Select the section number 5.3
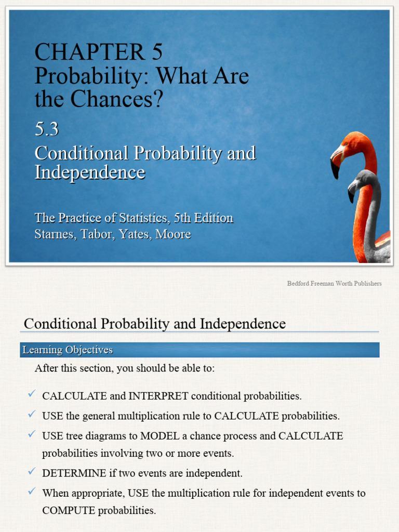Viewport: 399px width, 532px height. coord(46,129)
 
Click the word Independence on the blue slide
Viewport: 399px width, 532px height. coord(89,172)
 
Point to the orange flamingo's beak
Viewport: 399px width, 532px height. coord(336,164)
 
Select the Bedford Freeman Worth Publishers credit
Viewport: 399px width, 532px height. coord(334,284)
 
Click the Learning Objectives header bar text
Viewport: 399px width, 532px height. coord(67,350)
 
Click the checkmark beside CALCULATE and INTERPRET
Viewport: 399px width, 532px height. coord(32,395)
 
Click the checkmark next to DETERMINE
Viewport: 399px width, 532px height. coord(32,472)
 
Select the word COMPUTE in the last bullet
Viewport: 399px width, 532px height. coord(69,510)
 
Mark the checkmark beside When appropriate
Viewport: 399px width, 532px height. coord(32,491)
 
